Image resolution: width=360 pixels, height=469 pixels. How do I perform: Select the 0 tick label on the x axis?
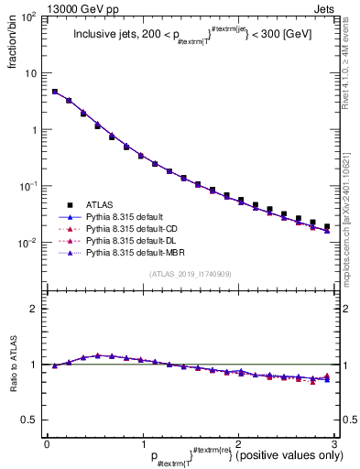(46, 442)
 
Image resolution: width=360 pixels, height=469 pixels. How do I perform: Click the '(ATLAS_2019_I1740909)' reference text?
(191, 274)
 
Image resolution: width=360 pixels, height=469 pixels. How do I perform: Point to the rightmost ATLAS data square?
(327, 226)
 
